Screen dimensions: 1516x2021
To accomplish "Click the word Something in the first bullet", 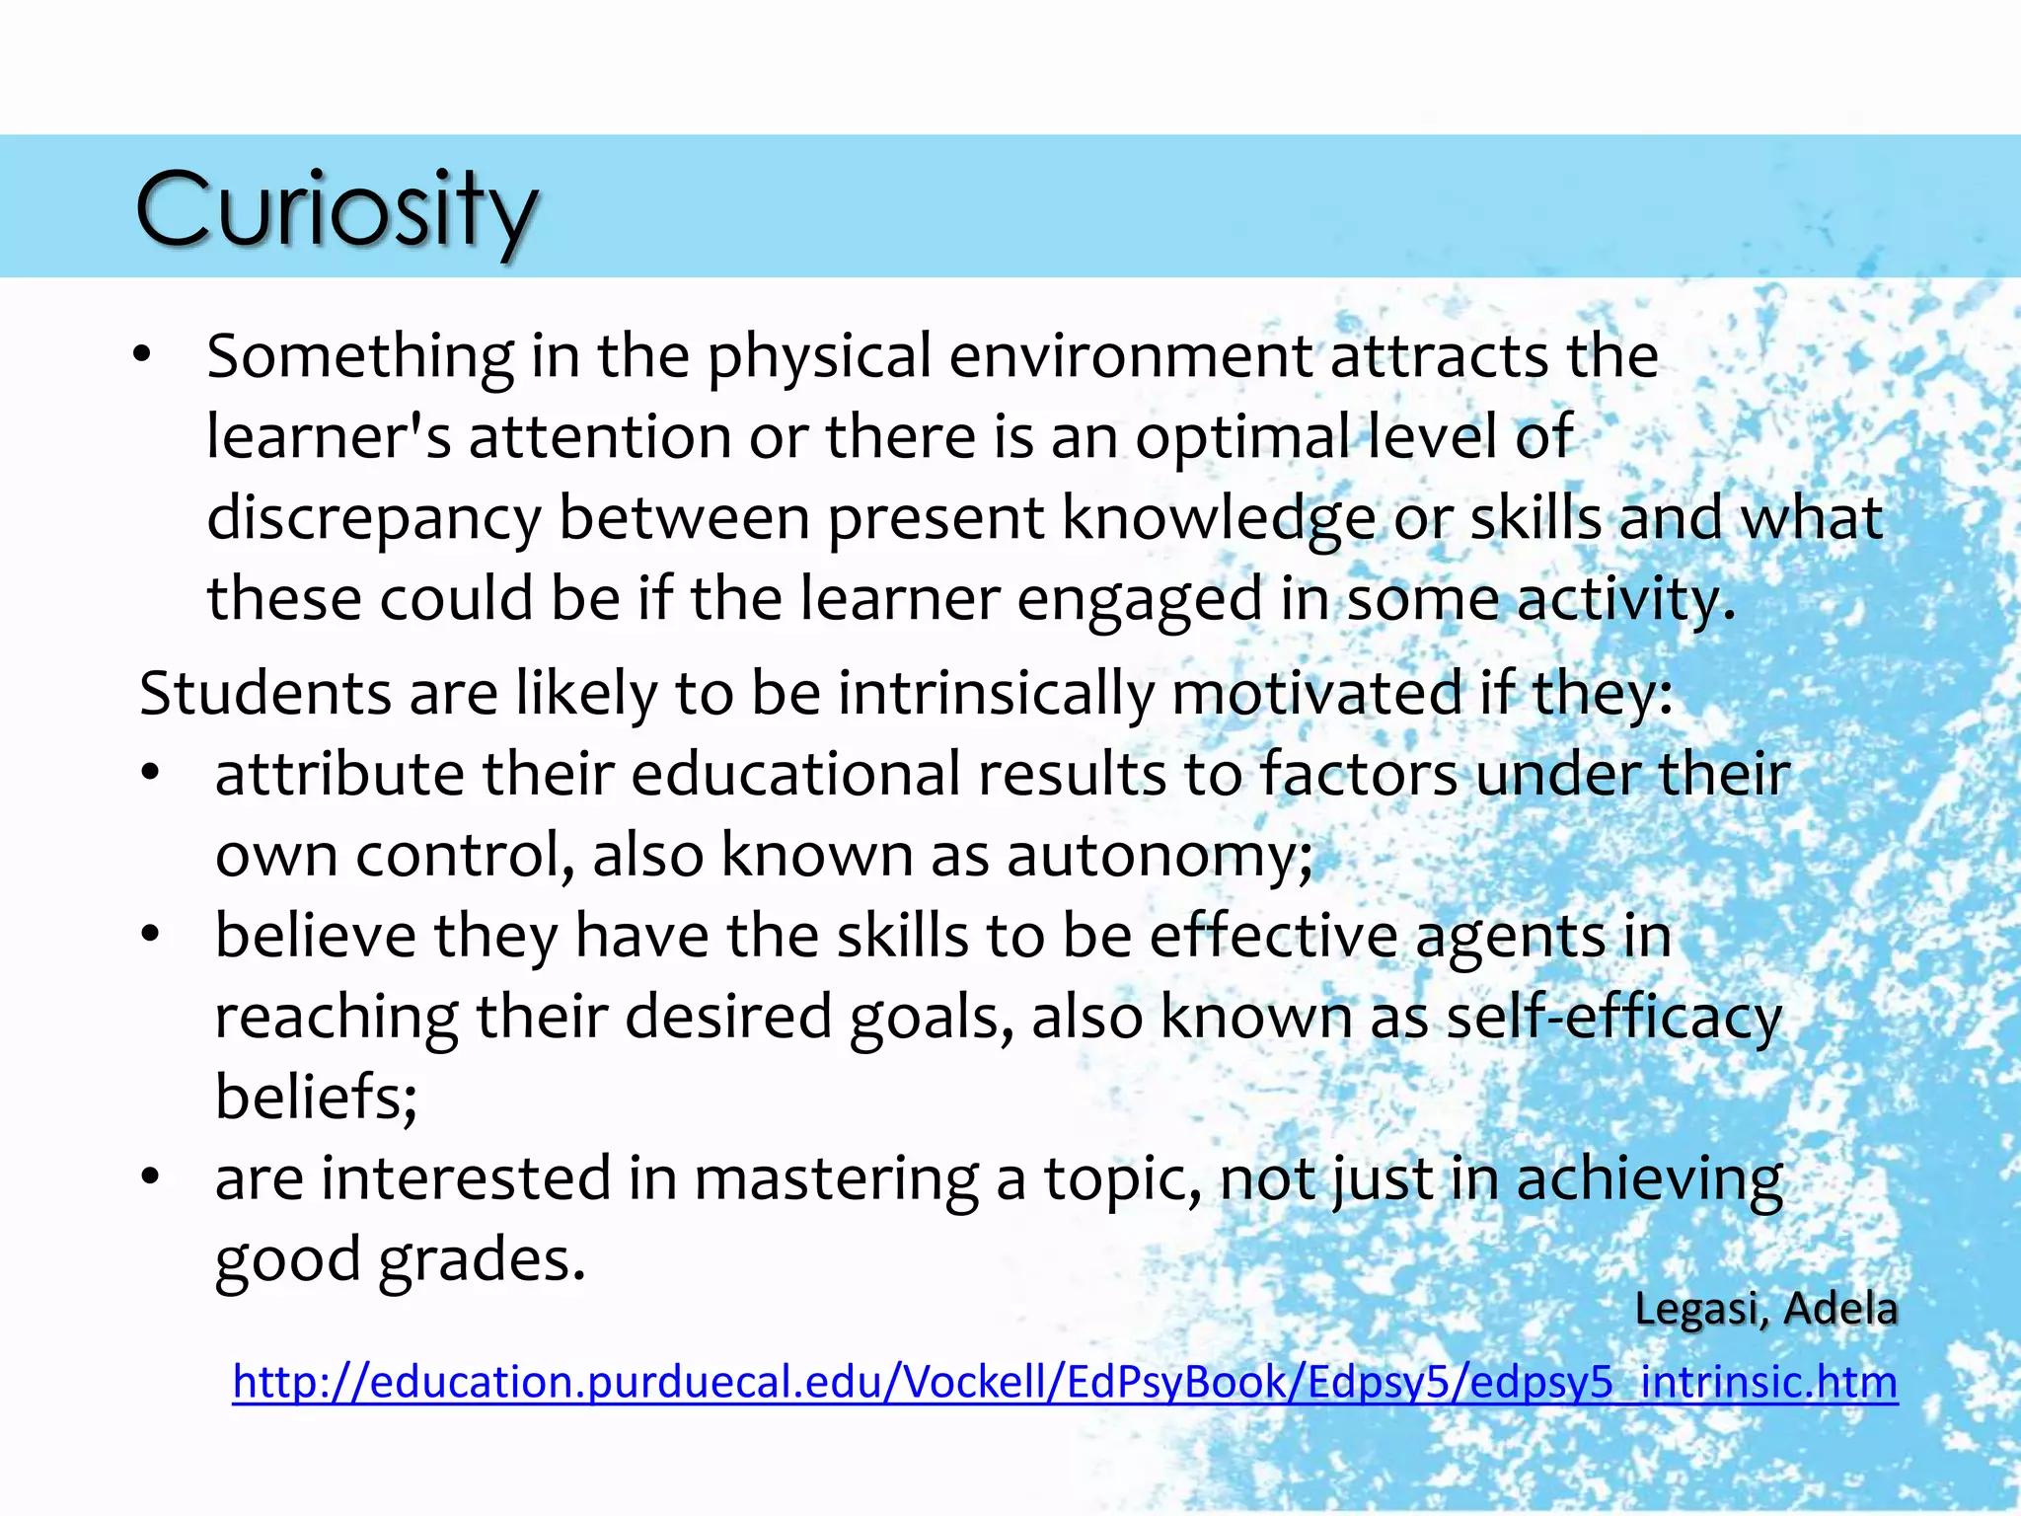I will point(360,356).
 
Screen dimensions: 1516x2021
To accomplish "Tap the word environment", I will point(1131,356).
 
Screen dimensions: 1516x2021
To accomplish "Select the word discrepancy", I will point(374,520).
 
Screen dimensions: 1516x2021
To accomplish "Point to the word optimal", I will point(1242,437).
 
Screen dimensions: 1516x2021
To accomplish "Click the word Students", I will point(265,693).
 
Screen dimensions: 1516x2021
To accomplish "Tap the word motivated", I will point(1316,693).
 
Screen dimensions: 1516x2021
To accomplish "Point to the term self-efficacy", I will point(1613,1018).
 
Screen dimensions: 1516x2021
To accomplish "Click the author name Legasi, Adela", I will point(1765,1310).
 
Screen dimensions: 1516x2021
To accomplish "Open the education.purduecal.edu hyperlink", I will point(1065,1382).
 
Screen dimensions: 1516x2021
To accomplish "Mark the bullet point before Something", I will point(143,355).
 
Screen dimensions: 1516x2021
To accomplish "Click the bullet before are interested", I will point(150,1177).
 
